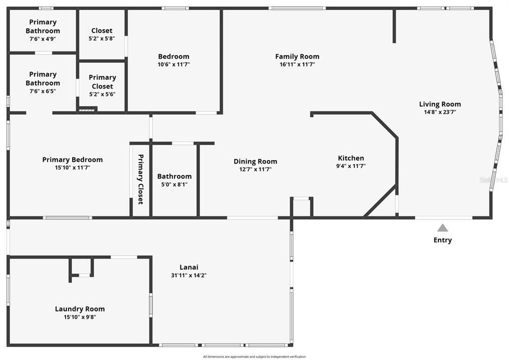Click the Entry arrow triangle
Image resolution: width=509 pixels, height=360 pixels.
point(442,228)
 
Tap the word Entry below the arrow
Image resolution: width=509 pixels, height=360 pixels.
point(442,240)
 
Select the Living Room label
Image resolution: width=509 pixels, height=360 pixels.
point(440,104)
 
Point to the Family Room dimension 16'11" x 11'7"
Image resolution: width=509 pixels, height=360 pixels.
point(297,64)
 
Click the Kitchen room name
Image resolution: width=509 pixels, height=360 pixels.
point(351,158)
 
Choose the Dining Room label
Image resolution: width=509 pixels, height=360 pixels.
point(255,161)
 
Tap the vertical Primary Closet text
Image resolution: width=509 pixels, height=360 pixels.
point(140,179)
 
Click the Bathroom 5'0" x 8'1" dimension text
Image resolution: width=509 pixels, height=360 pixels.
point(174,184)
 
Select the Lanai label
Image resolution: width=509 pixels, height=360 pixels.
point(188,267)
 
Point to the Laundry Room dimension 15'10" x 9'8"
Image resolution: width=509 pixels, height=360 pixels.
point(79,316)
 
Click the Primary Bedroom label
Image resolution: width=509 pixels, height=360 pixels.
point(72,159)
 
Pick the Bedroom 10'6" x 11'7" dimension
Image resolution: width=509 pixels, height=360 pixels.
point(173,64)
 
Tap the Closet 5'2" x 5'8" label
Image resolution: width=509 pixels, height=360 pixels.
point(101,30)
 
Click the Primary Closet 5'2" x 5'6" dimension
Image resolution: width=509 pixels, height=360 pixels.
point(102,94)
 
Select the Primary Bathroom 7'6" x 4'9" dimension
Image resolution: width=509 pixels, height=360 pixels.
point(42,38)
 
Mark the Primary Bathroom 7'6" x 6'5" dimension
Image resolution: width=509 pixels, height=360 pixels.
point(42,91)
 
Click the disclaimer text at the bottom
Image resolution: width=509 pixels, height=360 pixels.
point(254,356)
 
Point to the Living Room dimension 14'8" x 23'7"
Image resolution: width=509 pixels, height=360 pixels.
point(440,112)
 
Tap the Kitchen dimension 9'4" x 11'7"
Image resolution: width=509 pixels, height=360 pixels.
point(351,166)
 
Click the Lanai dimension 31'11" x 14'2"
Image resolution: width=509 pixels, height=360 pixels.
point(188,275)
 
